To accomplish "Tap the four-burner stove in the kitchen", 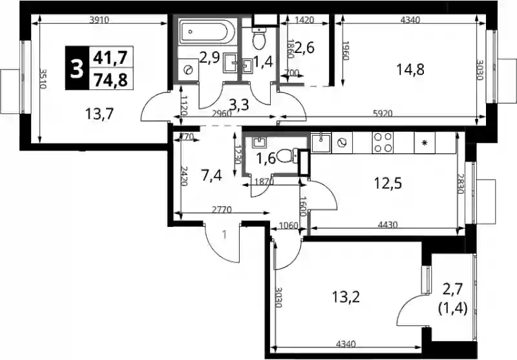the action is (x=383, y=142).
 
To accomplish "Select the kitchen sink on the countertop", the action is (x=321, y=142).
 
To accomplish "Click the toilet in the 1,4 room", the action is (x=259, y=37).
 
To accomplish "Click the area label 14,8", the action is (x=410, y=70).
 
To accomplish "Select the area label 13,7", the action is (x=100, y=114).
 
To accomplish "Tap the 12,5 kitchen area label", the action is (x=388, y=184).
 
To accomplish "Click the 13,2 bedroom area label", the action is (x=346, y=297).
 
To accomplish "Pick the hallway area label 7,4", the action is (x=211, y=175).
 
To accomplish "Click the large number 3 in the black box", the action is (x=77, y=69).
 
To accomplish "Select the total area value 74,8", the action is (x=111, y=79).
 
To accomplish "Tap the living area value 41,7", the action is (x=110, y=58).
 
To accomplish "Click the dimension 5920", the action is (x=383, y=114).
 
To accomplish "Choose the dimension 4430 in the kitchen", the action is (x=388, y=225).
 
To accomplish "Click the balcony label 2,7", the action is (x=453, y=290).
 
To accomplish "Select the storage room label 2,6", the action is (x=304, y=48).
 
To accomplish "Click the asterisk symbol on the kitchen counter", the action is (x=425, y=143).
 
